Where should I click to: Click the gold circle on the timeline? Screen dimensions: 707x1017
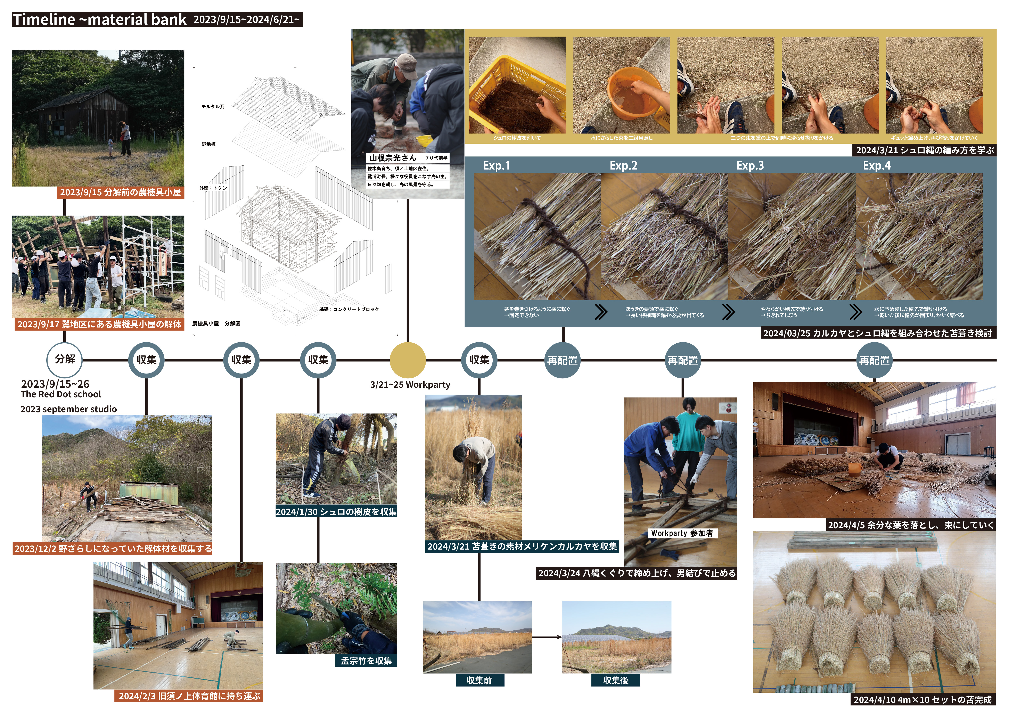coord(408,360)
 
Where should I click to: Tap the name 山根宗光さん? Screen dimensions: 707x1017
coord(393,158)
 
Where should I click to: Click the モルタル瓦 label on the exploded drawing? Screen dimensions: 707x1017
coord(213,107)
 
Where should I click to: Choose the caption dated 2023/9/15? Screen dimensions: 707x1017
coord(121,192)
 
